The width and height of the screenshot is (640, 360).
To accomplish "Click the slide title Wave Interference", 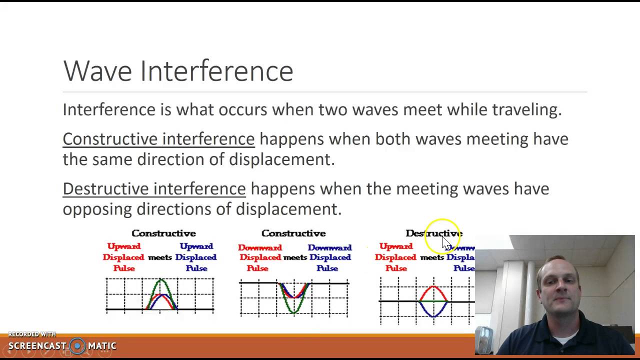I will point(178,71).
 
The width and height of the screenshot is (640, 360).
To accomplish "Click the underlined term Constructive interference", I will point(158,139).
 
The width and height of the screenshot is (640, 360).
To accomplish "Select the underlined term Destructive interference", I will point(154,188).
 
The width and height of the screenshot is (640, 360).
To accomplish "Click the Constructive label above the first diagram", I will point(163,233).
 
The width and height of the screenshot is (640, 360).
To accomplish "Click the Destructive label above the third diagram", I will point(433,233).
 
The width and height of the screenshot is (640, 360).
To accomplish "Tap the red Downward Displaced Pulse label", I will point(260,257).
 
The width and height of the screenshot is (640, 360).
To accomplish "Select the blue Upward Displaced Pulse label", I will point(196,257).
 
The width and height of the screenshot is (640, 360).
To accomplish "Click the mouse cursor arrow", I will point(446,243).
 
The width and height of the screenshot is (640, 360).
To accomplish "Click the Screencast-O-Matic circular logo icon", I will point(77,345).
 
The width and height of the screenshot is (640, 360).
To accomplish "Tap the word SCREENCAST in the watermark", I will point(37,346).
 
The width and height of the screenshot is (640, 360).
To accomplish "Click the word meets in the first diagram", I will point(160,257).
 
